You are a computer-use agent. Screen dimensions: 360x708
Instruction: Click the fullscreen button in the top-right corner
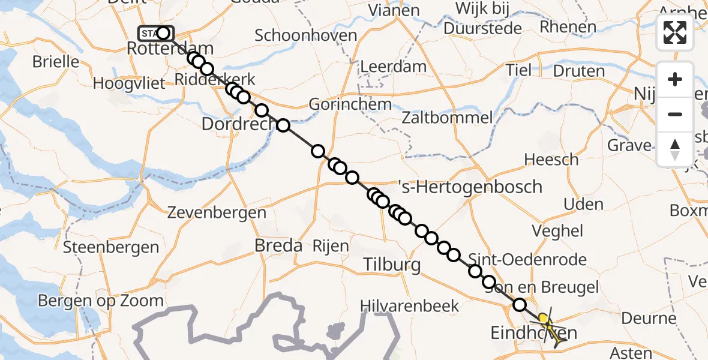[675, 32]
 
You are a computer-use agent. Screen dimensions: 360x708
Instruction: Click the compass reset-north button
[675, 148]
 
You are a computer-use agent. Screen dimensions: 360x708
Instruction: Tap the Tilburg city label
[391, 265]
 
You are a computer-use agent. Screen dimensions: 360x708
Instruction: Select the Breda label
[278, 245]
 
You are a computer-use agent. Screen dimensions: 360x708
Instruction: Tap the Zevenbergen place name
[217, 212]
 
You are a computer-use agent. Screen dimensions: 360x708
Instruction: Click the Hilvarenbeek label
[410, 306]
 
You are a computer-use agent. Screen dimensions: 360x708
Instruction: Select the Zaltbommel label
[448, 118]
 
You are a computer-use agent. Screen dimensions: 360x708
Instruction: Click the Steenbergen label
[111, 247]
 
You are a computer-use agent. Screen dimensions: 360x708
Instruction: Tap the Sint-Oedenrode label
[527, 259]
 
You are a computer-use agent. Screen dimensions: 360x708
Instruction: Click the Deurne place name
[649, 317]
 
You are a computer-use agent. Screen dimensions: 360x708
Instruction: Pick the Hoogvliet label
[128, 83]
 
